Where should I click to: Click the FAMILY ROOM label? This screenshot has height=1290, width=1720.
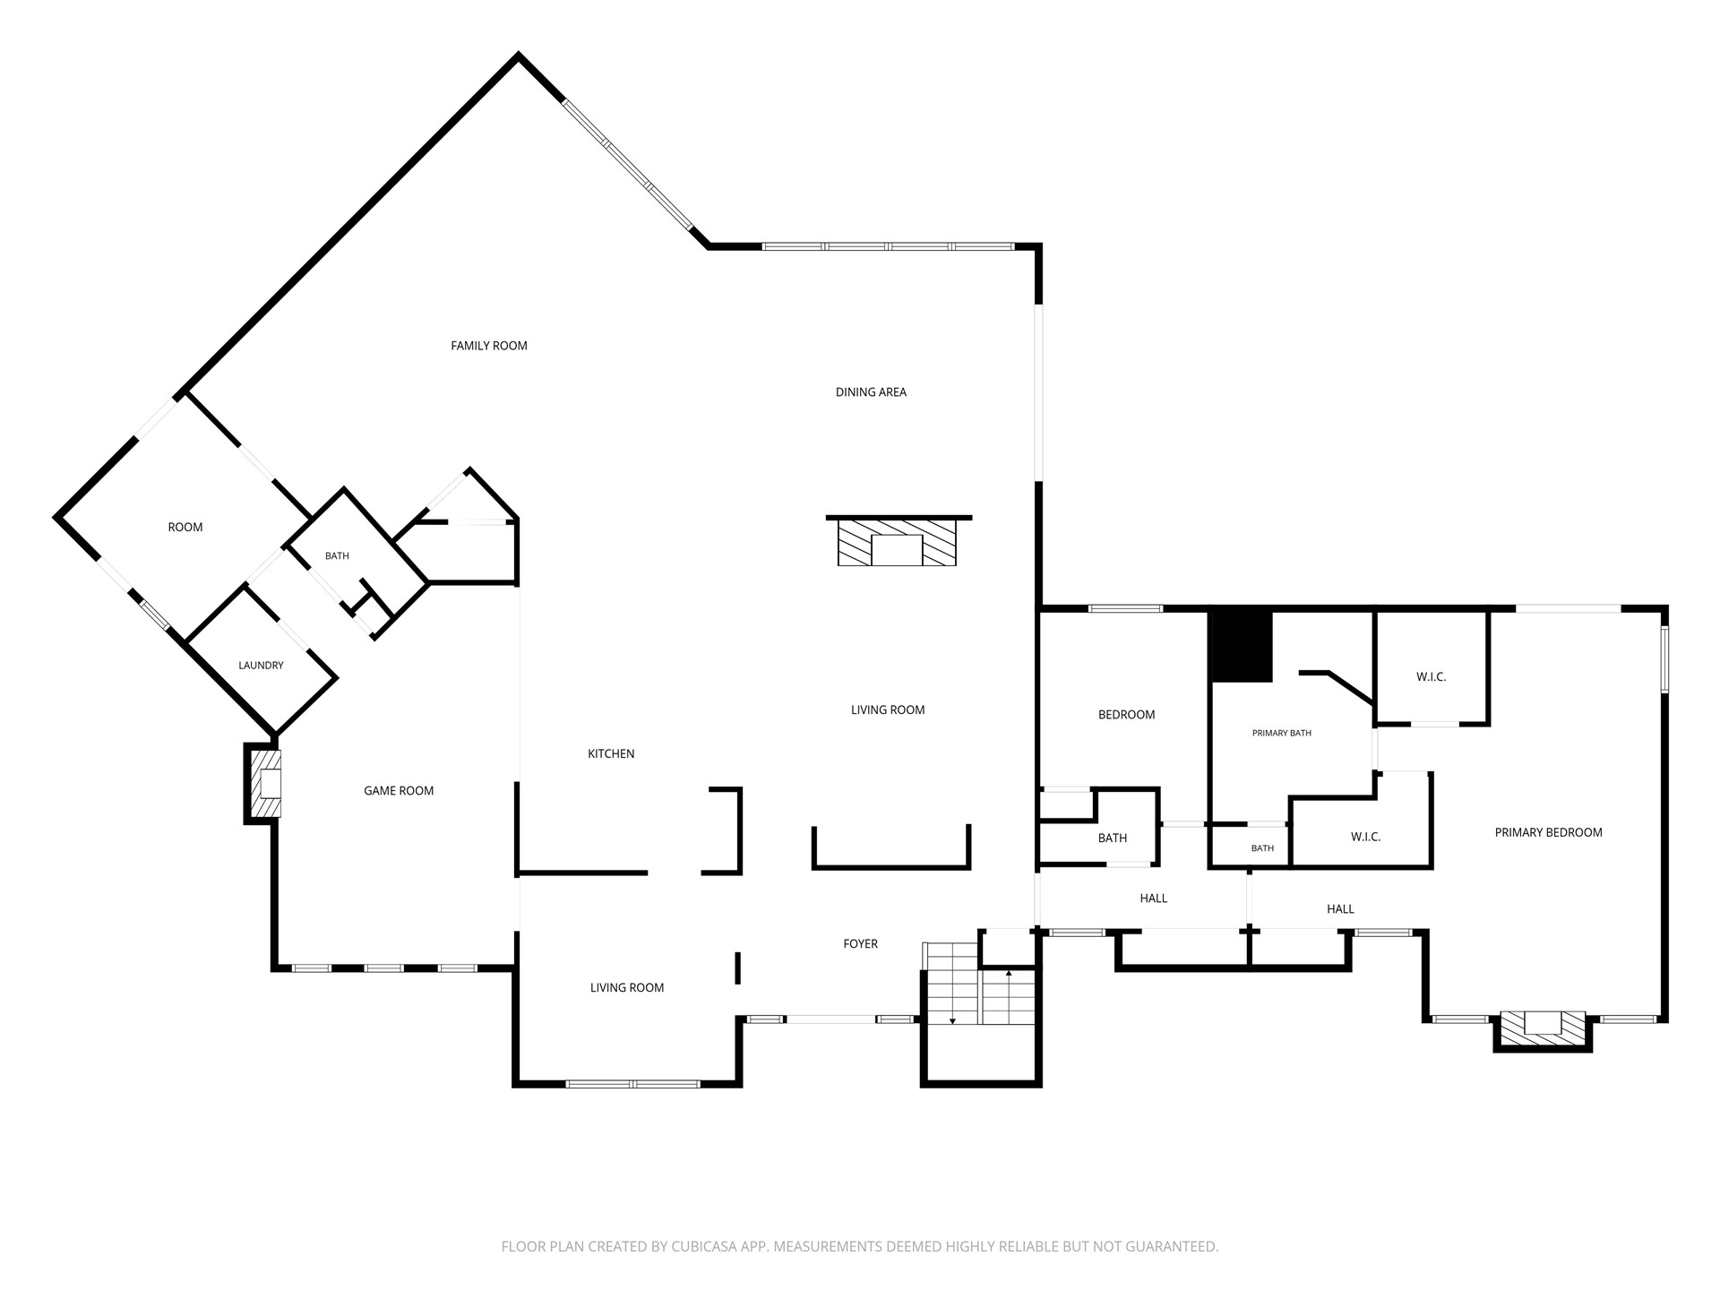pos(489,346)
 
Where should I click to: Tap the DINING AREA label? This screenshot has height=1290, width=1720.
pos(871,392)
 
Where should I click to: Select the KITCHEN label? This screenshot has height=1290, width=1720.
pos(611,754)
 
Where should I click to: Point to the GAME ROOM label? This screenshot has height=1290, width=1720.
pos(399,791)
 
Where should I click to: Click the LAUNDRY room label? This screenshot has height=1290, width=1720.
pos(261,666)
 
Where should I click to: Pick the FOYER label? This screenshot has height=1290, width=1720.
pos(861,944)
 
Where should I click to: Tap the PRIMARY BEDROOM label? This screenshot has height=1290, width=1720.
pos(1549,833)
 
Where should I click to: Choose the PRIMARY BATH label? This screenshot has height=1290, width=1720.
pos(1282,734)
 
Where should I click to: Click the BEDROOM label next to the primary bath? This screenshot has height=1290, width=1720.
pos(1127,715)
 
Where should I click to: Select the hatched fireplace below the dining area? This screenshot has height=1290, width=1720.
pos(897,542)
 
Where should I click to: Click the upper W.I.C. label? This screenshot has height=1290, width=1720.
pos(1432,677)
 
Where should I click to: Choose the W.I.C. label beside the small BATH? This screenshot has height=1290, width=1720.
pos(1366,838)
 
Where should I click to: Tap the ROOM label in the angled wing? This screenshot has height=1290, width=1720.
pos(185,528)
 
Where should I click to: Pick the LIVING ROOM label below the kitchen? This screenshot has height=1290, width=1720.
pos(627,988)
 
